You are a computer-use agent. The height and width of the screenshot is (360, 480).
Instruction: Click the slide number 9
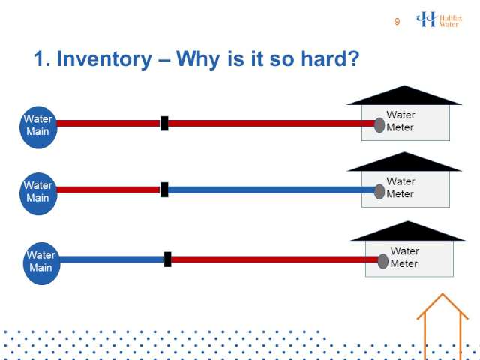point(397,22)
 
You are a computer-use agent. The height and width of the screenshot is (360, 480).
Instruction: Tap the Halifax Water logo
point(439,19)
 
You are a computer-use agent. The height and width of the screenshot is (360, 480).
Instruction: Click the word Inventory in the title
point(104,58)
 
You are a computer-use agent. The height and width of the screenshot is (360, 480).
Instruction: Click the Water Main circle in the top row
point(38,127)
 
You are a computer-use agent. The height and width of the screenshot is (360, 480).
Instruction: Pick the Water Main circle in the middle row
point(38,193)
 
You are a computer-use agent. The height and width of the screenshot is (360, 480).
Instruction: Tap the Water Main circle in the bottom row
point(42,263)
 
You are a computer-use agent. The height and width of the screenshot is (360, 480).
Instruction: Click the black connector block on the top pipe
point(164,123)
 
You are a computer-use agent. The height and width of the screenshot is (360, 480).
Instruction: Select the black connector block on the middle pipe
point(164,190)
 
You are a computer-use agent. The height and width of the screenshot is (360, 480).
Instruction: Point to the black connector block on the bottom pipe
point(168,259)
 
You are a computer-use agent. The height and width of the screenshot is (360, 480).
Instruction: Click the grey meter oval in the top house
point(379,125)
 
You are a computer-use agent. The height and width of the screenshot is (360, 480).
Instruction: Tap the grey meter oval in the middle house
point(379,192)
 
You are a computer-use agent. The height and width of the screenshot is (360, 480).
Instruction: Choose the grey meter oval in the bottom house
point(383,261)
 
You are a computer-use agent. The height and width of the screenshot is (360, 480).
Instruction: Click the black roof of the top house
point(404,97)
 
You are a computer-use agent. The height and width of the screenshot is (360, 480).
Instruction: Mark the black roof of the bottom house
point(408,232)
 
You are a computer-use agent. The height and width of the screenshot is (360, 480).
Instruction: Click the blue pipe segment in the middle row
point(271,190)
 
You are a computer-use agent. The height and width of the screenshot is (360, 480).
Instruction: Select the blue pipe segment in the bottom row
point(112,259)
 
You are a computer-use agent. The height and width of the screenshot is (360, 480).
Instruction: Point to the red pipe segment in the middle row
point(109,190)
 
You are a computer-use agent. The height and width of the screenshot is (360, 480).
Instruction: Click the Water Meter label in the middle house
point(400,187)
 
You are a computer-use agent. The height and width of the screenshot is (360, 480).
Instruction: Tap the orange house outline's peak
point(442,294)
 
